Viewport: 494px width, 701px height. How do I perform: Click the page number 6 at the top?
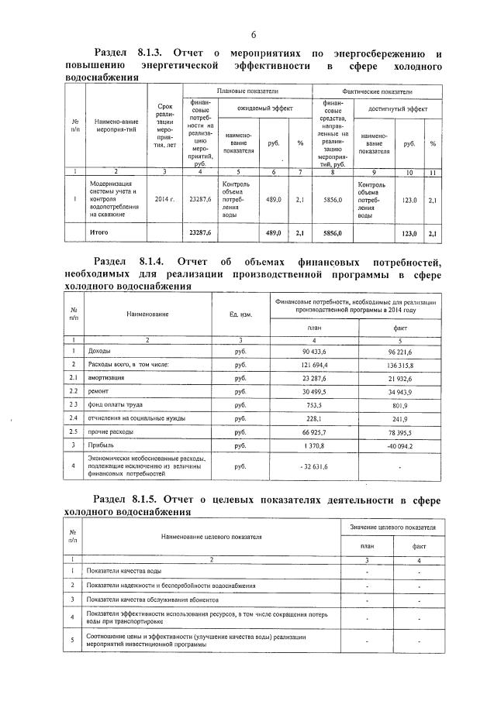click(253, 34)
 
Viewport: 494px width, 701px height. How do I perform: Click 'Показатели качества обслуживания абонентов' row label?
click(153, 600)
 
